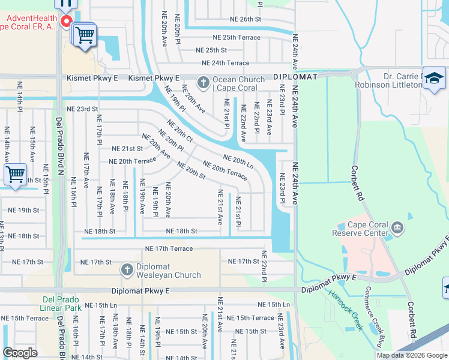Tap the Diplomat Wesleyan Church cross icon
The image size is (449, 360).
(x=127, y=271)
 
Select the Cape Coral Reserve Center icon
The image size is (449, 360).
(x=397, y=227)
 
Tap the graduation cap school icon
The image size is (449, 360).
(x=434, y=79)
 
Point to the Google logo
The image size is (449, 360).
(x=20, y=353)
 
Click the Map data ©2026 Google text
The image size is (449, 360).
(x=411, y=355)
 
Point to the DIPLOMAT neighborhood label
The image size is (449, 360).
(x=295, y=77)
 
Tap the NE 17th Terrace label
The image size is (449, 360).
(x=169, y=248)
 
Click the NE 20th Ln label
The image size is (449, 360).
(x=238, y=161)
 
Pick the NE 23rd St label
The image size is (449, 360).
(x=82, y=109)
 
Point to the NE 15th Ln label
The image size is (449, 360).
(x=274, y=305)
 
